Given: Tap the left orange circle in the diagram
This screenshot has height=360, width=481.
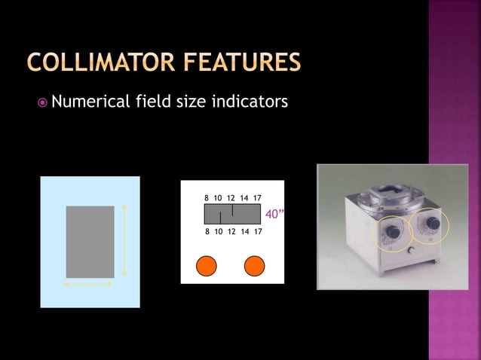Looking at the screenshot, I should click(206, 267).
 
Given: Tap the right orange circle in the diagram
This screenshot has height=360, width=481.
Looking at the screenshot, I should click(255, 267).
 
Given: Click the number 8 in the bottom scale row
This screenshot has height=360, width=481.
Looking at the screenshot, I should click(207, 232).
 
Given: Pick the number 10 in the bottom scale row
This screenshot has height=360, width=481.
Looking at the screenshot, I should click(218, 232).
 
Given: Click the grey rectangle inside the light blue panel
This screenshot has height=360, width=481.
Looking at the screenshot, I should click(90, 241).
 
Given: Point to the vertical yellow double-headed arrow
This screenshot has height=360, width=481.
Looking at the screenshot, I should click(124, 240).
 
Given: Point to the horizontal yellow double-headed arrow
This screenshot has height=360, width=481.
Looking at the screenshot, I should click(89, 285).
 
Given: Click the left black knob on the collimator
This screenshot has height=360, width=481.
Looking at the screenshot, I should click(392, 233).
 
